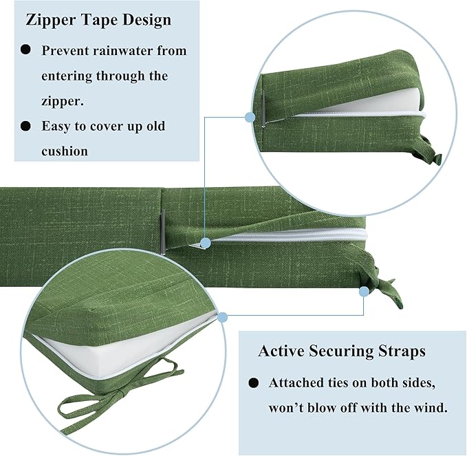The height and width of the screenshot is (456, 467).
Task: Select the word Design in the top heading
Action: [x=147, y=21]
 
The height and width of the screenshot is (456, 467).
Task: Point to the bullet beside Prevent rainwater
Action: [x=26, y=50]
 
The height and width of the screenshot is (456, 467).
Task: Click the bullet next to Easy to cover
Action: [x=26, y=126]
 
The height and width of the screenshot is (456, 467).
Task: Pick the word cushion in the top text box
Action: [x=65, y=151]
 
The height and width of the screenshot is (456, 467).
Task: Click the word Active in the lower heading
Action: [x=281, y=351]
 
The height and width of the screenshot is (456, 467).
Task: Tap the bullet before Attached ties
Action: [x=254, y=382]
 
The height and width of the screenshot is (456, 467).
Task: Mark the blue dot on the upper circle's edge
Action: [x=250, y=118]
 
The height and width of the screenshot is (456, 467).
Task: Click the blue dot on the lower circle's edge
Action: [x=222, y=318]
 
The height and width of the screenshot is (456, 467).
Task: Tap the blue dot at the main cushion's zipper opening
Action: [x=206, y=243]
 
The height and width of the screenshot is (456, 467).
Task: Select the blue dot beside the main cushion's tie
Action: [x=363, y=292]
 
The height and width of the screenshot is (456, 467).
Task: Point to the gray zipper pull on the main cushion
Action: [x=162, y=232]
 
